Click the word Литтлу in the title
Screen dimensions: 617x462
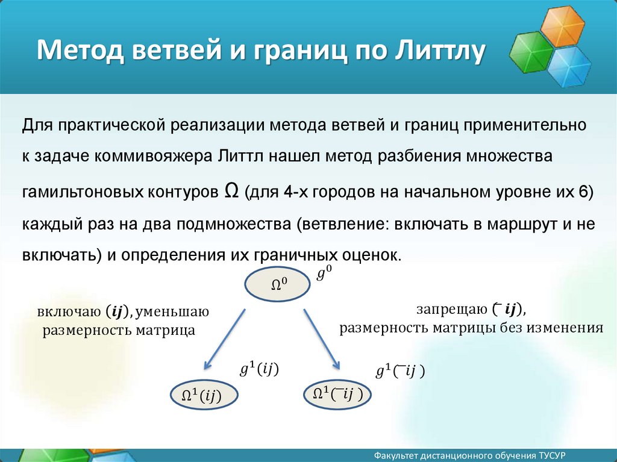440,51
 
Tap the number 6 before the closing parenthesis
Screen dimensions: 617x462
583,192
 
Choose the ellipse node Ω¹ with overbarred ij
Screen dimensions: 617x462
337,394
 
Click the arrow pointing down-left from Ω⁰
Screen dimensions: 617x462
224,339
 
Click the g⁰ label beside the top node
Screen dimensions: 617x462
324,272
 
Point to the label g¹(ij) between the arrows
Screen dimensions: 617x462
259,369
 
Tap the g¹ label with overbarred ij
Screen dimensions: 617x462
400,371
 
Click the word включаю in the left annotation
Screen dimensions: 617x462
69,311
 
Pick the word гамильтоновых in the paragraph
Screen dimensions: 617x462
82,192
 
